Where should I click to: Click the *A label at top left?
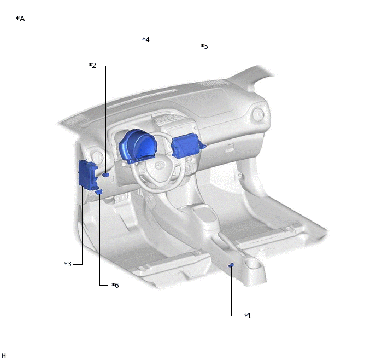click(x=20, y=19)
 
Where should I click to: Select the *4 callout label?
click(x=146, y=39)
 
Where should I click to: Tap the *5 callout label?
click(x=204, y=47)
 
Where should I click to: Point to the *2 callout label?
click(x=92, y=65)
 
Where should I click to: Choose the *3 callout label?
click(x=68, y=264)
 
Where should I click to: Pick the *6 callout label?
click(x=115, y=285)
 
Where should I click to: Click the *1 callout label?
click(x=248, y=316)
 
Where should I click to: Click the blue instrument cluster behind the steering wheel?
click(x=137, y=147)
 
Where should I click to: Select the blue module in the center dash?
click(x=187, y=146)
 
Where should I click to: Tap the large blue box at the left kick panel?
click(x=87, y=175)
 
